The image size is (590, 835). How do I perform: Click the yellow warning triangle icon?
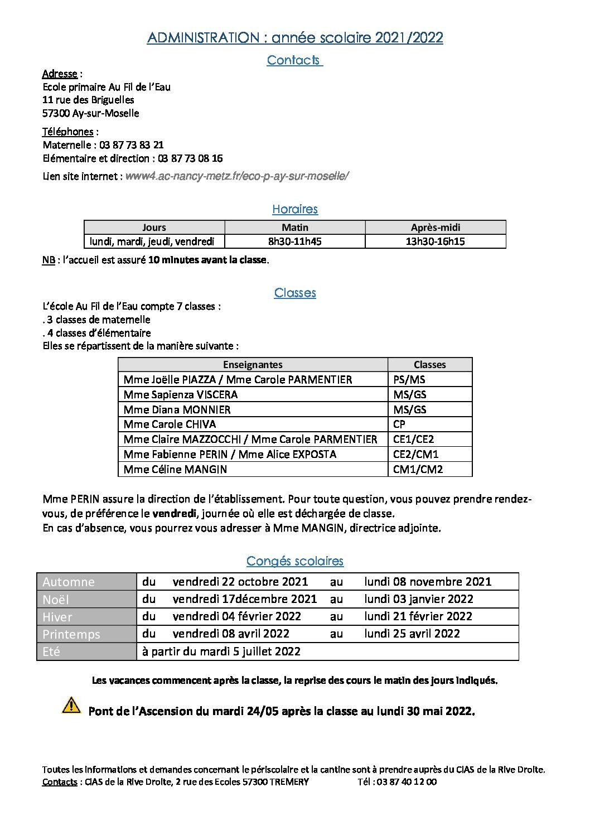[x=71, y=705]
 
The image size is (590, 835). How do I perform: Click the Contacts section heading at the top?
[x=294, y=60]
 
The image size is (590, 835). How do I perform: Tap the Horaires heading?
[x=295, y=209]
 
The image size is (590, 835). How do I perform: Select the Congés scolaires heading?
[x=295, y=561]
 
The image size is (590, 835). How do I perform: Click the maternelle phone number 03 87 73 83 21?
[x=132, y=145]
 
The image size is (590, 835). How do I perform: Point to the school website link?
[x=237, y=176]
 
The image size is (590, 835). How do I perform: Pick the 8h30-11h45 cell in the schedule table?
[x=295, y=242]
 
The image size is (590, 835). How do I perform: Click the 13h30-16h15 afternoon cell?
[x=436, y=242]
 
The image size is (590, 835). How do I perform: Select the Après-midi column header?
[x=436, y=228]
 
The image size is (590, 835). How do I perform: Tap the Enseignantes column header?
[x=253, y=365]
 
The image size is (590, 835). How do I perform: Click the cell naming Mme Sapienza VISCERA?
[x=181, y=394]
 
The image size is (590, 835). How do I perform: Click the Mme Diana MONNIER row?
[x=177, y=409]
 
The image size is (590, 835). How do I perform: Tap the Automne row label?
[x=69, y=582]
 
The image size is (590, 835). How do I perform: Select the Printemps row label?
[x=71, y=634]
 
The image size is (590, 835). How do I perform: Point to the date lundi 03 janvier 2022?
[x=419, y=599]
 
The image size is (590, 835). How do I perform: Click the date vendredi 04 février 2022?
[x=237, y=616]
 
